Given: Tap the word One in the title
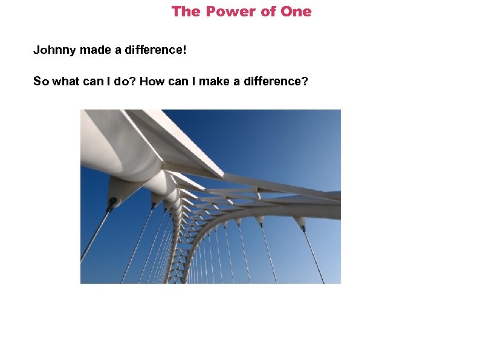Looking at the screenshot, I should pyautogui.click(x=297, y=11).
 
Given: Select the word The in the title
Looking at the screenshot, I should pyautogui.click(x=185, y=11).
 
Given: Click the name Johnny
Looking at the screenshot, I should pyautogui.click(x=54, y=50).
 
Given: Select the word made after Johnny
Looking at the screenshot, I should pyautogui.click(x=95, y=50).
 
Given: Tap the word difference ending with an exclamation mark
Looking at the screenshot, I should pyautogui.click(x=156, y=50).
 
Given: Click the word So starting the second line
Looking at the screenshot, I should pyautogui.click(x=41, y=81).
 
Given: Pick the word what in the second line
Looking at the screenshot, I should pyautogui.click(x=66, y=81).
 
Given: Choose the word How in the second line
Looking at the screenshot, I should pyautogui.click(x=152, y=81).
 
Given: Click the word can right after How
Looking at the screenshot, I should pyautogui.click(x=179, y=81).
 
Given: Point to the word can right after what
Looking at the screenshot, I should pyautogui.click(x=93, y=81).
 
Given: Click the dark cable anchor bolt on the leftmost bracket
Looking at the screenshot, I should pyautogui.click(x=112, y=201).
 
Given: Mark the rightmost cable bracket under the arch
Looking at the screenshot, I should pyautogui.click(x=300, y=223).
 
